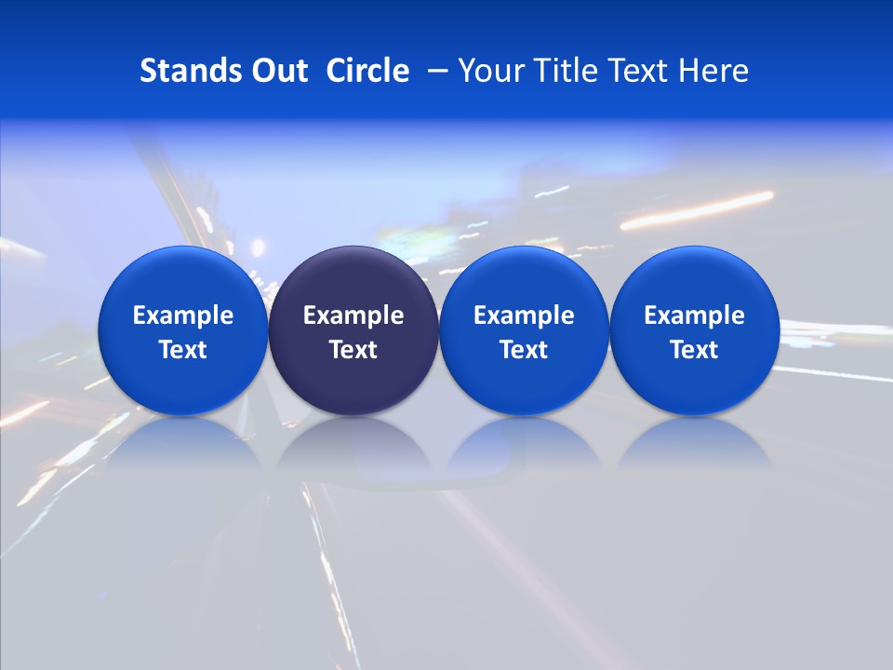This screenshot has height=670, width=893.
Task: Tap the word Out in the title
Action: point(278,71)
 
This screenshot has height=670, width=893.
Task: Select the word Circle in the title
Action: point(367,71)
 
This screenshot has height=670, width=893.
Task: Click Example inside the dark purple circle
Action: point(353,315)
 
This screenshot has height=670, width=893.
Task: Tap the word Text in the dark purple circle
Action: point(353,350)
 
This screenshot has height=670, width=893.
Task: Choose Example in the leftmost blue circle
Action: point(183,315)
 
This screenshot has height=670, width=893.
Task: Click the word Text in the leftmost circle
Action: point(183,350)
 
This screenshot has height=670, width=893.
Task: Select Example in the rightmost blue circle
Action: point(694,315)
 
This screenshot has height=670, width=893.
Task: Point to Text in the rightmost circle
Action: point(694,350)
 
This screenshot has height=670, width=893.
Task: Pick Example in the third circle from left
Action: point(524,315)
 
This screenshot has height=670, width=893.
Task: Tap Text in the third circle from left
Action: point(524,350)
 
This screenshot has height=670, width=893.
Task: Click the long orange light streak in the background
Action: point(698,209)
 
